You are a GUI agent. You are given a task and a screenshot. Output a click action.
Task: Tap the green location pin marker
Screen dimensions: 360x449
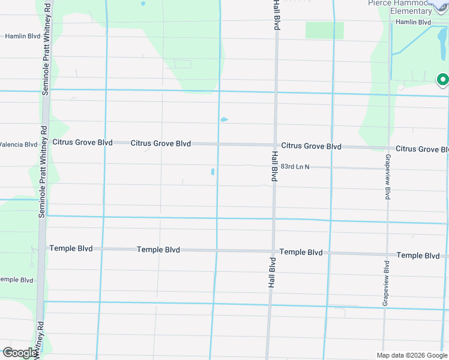click(442, 79)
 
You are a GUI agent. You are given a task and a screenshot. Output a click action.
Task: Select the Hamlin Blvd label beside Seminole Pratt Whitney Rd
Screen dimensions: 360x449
click(22, 36)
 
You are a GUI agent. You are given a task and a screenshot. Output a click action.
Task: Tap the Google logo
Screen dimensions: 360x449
click(20, 352)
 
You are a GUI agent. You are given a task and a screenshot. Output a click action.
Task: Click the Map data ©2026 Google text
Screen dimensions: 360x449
click(412, 355)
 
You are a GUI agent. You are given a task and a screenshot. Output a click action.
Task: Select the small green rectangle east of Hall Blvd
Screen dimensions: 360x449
click(324, 31)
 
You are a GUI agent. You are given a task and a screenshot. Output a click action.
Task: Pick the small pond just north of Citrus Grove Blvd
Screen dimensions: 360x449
click(224, 119)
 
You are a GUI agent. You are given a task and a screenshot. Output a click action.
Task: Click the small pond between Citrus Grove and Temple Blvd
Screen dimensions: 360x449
click(213, 172)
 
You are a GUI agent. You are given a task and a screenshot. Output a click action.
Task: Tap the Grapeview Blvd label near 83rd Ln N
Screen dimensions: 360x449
click(388, 176)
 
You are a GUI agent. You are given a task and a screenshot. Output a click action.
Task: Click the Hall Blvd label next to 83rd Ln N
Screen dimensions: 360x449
click(274, 166)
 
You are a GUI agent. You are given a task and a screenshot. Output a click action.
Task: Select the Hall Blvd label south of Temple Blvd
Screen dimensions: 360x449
click(271, 274)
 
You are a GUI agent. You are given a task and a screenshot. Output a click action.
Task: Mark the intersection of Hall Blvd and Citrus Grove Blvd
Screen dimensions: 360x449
click(276, 145)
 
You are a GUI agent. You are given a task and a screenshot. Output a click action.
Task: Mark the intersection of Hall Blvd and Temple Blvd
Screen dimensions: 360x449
click(273, 251)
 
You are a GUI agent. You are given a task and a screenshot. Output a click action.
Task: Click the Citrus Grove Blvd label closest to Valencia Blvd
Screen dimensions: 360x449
click(82, 142)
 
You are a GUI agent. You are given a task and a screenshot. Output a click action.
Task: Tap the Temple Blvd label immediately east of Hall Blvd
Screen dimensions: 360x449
click(301, 253)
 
